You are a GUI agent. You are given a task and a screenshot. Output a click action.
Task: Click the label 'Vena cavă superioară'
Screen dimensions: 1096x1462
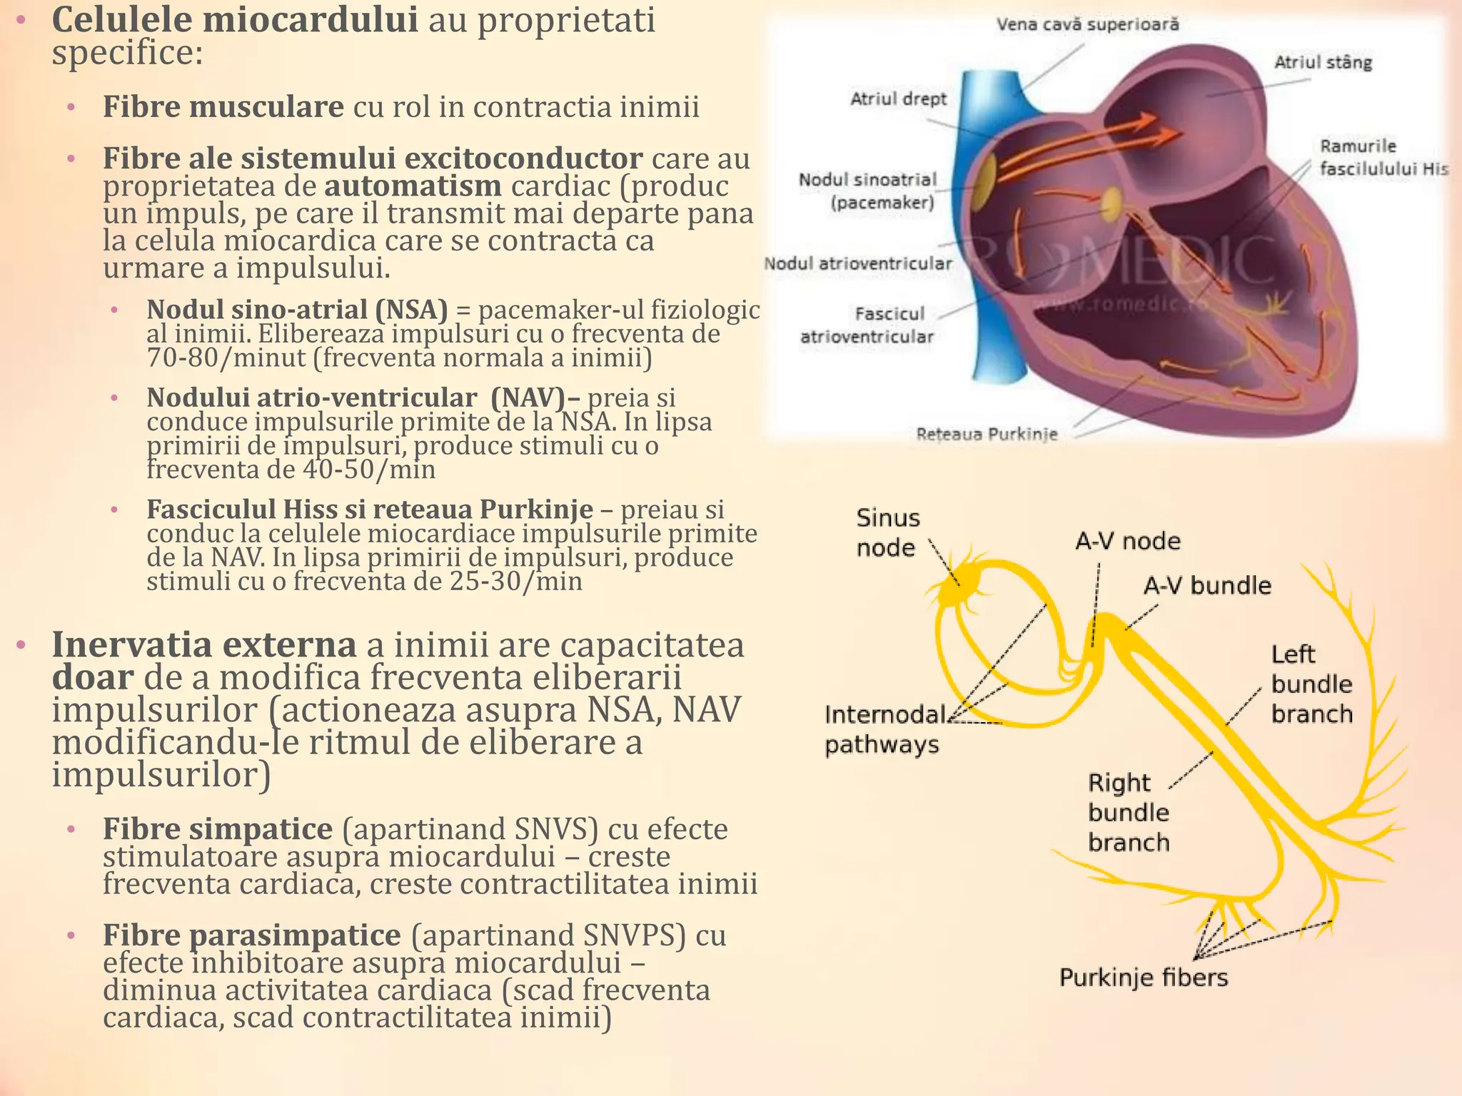pyautogui.click(x=1087, y=25)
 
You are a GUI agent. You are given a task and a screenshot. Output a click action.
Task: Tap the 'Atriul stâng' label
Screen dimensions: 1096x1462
pyautogui.click(x=1323, y=63)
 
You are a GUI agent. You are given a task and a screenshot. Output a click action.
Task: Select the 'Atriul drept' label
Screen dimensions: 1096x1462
pyautogui.click(x=898, y=98)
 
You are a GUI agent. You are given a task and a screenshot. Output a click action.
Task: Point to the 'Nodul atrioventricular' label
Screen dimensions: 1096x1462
pyautogui.click(x=858, y=263)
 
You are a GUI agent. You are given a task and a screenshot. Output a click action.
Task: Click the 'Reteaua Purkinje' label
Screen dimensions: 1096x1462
pyautogui.click(x=987, y=434)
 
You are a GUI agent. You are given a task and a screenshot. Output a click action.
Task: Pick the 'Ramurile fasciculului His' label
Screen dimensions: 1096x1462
pyautogui.click(x=1382, y=157)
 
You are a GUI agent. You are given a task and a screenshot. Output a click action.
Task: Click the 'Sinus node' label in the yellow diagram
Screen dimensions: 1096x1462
pyautogui.click(x=887, y=532)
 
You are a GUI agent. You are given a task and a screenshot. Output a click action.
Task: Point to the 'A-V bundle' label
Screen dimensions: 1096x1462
pyautogui.click(x=1207, y=586)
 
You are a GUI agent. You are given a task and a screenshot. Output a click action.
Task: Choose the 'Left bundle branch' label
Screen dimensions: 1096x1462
pyautogui.click(x=1311, y=684)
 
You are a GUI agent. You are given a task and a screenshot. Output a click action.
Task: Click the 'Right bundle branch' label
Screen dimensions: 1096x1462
pyautogui.click(x=1128, y=812)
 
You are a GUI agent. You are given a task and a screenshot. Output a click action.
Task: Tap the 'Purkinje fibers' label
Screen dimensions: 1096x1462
pyautogui.click(x=1143, y=977)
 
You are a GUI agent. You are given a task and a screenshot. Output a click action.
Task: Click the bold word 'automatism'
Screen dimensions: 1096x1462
pyautogui.click(x=413, y=186)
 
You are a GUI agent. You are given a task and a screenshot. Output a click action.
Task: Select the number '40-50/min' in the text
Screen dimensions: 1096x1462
pyautogui.click(x=369, y=470)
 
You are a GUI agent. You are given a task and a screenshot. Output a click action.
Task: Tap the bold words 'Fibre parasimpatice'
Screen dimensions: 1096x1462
pyautogui.click(x=252, y=935)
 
